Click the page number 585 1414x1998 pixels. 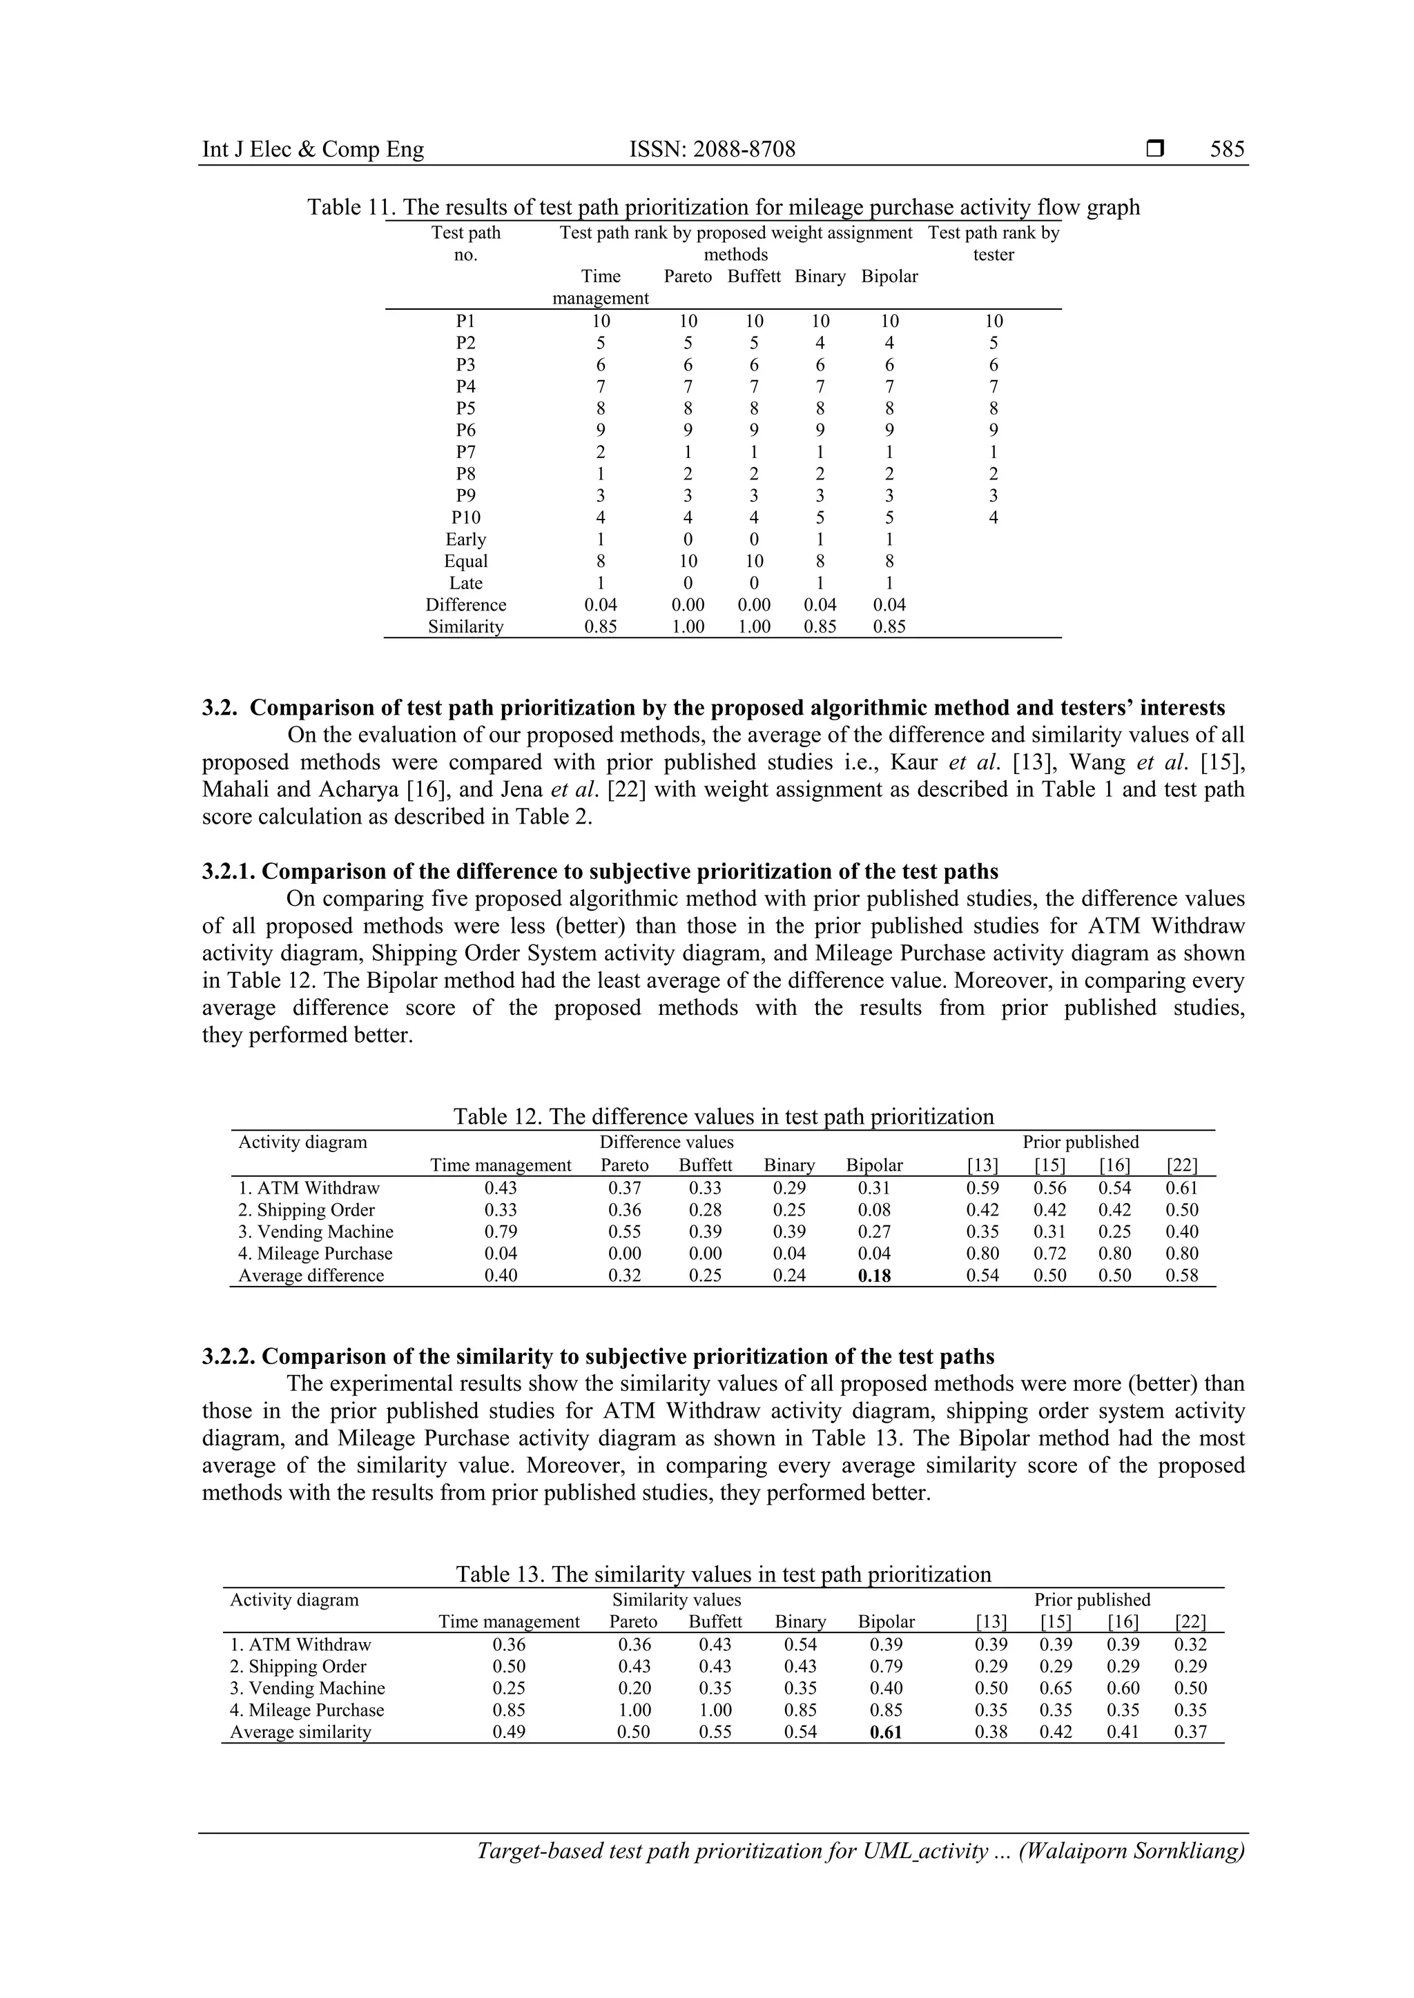1227,150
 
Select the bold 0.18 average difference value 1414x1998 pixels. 874,1276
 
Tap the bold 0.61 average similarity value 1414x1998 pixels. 886,1732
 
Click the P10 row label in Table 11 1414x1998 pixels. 466,517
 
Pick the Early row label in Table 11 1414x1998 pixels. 466,540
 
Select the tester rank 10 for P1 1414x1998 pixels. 994,321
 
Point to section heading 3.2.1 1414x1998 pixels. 600,871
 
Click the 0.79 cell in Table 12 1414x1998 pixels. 501,1232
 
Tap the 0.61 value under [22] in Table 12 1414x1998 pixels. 1181,1189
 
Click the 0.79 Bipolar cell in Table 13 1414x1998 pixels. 886,1666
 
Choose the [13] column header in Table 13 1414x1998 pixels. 991,1622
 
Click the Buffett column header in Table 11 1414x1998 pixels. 754,277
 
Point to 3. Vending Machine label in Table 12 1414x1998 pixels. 316,1232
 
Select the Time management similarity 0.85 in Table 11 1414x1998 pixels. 601,626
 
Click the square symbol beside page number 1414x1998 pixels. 1154,150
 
